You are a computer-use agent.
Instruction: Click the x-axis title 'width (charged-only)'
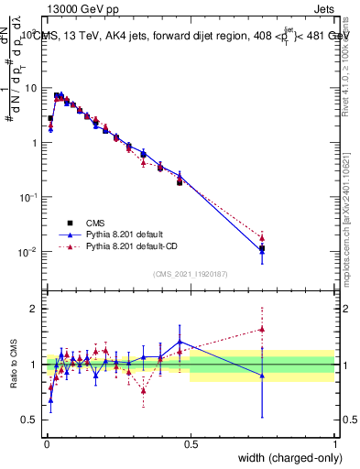(x=284, y=459)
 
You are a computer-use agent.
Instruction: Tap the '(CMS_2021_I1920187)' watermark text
(x=190, y=273)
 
